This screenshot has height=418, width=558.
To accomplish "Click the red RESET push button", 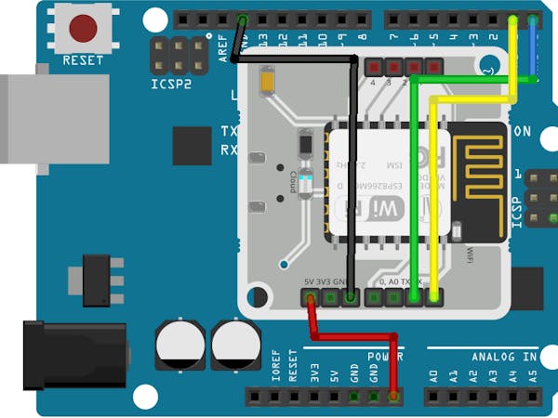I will (83, 28).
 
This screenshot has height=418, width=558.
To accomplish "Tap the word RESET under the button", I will (83, 60).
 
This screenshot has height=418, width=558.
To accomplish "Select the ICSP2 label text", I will (172, 84).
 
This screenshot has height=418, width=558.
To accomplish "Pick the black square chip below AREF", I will (193, 146).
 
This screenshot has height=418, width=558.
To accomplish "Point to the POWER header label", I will (385, 357).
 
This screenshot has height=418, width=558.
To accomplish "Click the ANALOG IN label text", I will (504, 357).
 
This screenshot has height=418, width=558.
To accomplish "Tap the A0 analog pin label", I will (433, 376).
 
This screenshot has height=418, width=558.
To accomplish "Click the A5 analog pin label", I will (532, 376).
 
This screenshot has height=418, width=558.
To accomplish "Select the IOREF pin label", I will (275, 372).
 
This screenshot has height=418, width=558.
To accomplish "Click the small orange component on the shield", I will (268, 82).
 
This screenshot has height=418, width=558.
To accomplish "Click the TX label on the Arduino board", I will (229, 131).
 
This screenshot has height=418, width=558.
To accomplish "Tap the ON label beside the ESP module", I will (522, 132).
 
